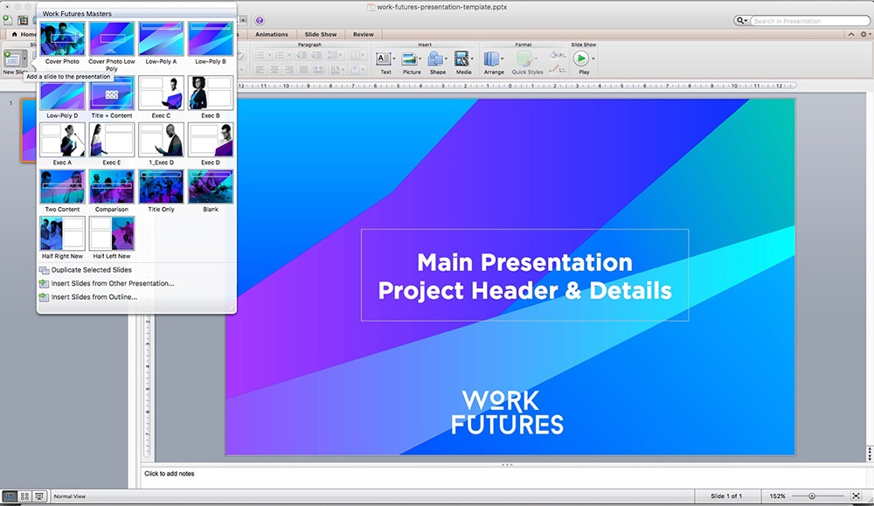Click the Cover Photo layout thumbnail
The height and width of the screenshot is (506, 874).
tap(62, 38)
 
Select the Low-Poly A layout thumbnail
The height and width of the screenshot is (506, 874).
tap(161, 38)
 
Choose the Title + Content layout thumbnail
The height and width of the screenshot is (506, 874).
tap(112, 93)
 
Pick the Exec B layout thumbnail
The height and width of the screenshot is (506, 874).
tap(211, 93)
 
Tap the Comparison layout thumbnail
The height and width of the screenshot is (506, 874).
tap(112, 186)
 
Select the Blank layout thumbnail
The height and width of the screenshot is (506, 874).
tap(211, 186)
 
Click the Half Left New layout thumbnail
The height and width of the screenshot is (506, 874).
tap(112, 233)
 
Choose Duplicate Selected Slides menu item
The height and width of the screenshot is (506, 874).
tap(91, 270)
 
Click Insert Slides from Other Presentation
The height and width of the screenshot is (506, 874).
tap(112, 283)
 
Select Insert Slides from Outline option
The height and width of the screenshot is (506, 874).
tap(94, 297)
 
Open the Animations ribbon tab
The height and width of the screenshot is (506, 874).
tap(271, 35)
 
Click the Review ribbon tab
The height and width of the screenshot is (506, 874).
tap(363, 35)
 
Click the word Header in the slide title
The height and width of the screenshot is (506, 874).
tap(525, 291)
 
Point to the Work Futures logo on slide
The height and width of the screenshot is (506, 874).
tap(507, 412)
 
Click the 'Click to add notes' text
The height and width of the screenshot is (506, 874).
tap(170, 474)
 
